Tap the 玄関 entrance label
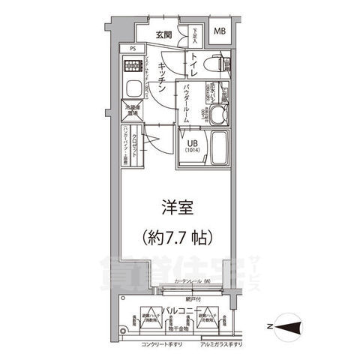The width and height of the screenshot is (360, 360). (165, 34)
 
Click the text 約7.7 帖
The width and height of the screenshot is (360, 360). (178, 239)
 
